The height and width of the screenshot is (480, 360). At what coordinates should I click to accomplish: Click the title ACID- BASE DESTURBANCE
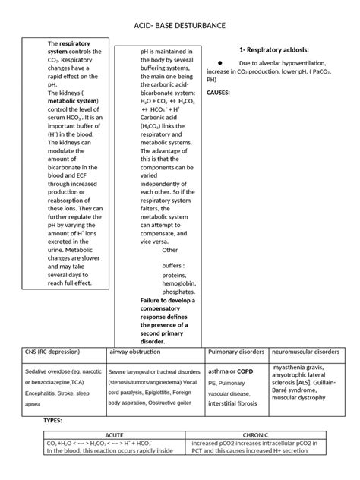[179, 26]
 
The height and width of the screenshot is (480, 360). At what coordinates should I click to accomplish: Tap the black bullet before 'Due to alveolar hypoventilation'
[219, 63]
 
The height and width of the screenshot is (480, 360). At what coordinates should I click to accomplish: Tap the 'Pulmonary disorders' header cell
[235, 352]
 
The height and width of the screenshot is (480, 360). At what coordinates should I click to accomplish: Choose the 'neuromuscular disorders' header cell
[306, 352]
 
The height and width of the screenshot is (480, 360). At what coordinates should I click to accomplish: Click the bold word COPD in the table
[244, 371]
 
